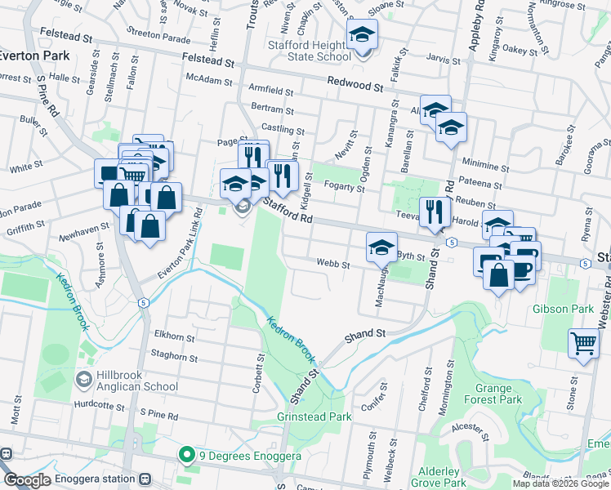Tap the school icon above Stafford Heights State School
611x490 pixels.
[x=359, y=35]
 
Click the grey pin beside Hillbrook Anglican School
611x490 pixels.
[x=84, y=380]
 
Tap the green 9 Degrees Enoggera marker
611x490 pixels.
[x=185, y=455]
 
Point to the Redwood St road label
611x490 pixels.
[x=355, y=84]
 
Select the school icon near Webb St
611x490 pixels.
[x=381, y=247]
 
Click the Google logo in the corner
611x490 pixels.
[x=27, y=480]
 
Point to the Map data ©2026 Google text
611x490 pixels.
[x=560, y=483]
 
